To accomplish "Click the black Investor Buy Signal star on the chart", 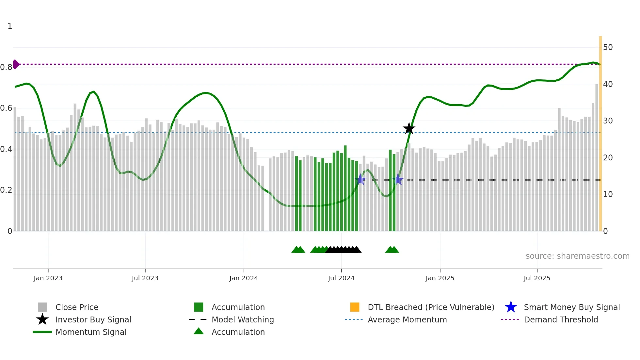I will pyautogui.click(x=409, y=128).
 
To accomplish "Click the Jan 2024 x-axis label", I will pyautogui.click(x=244, y=278).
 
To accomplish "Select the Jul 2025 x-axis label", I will pyautogui.click(x=537, y=278).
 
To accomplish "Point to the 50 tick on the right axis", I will pyautogui.click(x=608, y=47).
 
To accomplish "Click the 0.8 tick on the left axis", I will pyautogui.click(x=7, y=67).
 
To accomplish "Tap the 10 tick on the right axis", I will pyautogui.click(x=608, y=194).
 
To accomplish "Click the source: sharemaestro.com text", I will pyautogui.click(x=577, y=256).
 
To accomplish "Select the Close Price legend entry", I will pyautogui.click(x=77, y=307).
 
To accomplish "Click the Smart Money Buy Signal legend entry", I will pyautogui.click(x=571, y=307).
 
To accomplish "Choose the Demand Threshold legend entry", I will pyautogui.click(x=561, y=319).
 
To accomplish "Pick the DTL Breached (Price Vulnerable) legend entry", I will pyautogui.click(x=431, y=307).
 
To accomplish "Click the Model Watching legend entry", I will pyautogui.click(x=243, y=319).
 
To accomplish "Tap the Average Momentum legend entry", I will pyautogui.click(x=407, y=319).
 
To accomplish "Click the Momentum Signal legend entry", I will pyautogui.click(x=91, y=332).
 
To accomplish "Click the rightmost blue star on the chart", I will pyautogui.click(x=398, y=179).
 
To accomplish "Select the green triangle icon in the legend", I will pyautogui.click(x=199, y=331).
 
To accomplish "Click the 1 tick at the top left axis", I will pyautogui.click(x=10, y=26).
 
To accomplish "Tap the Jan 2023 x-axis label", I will pyautogui.click(x=48, y=278).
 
